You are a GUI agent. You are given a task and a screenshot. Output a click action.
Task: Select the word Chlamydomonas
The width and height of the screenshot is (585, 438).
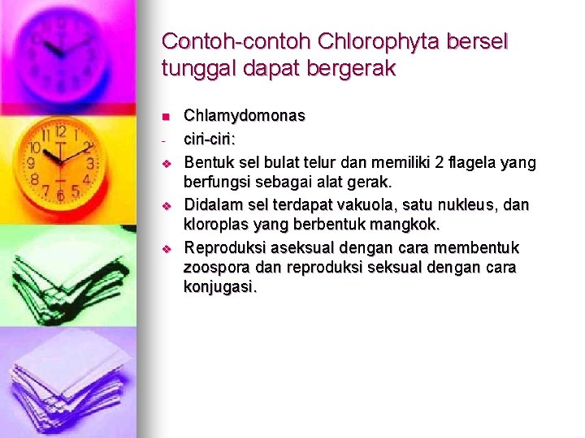pos(245,116)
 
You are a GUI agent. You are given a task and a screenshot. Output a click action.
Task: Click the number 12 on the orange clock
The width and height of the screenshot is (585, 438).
pos(60,132)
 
